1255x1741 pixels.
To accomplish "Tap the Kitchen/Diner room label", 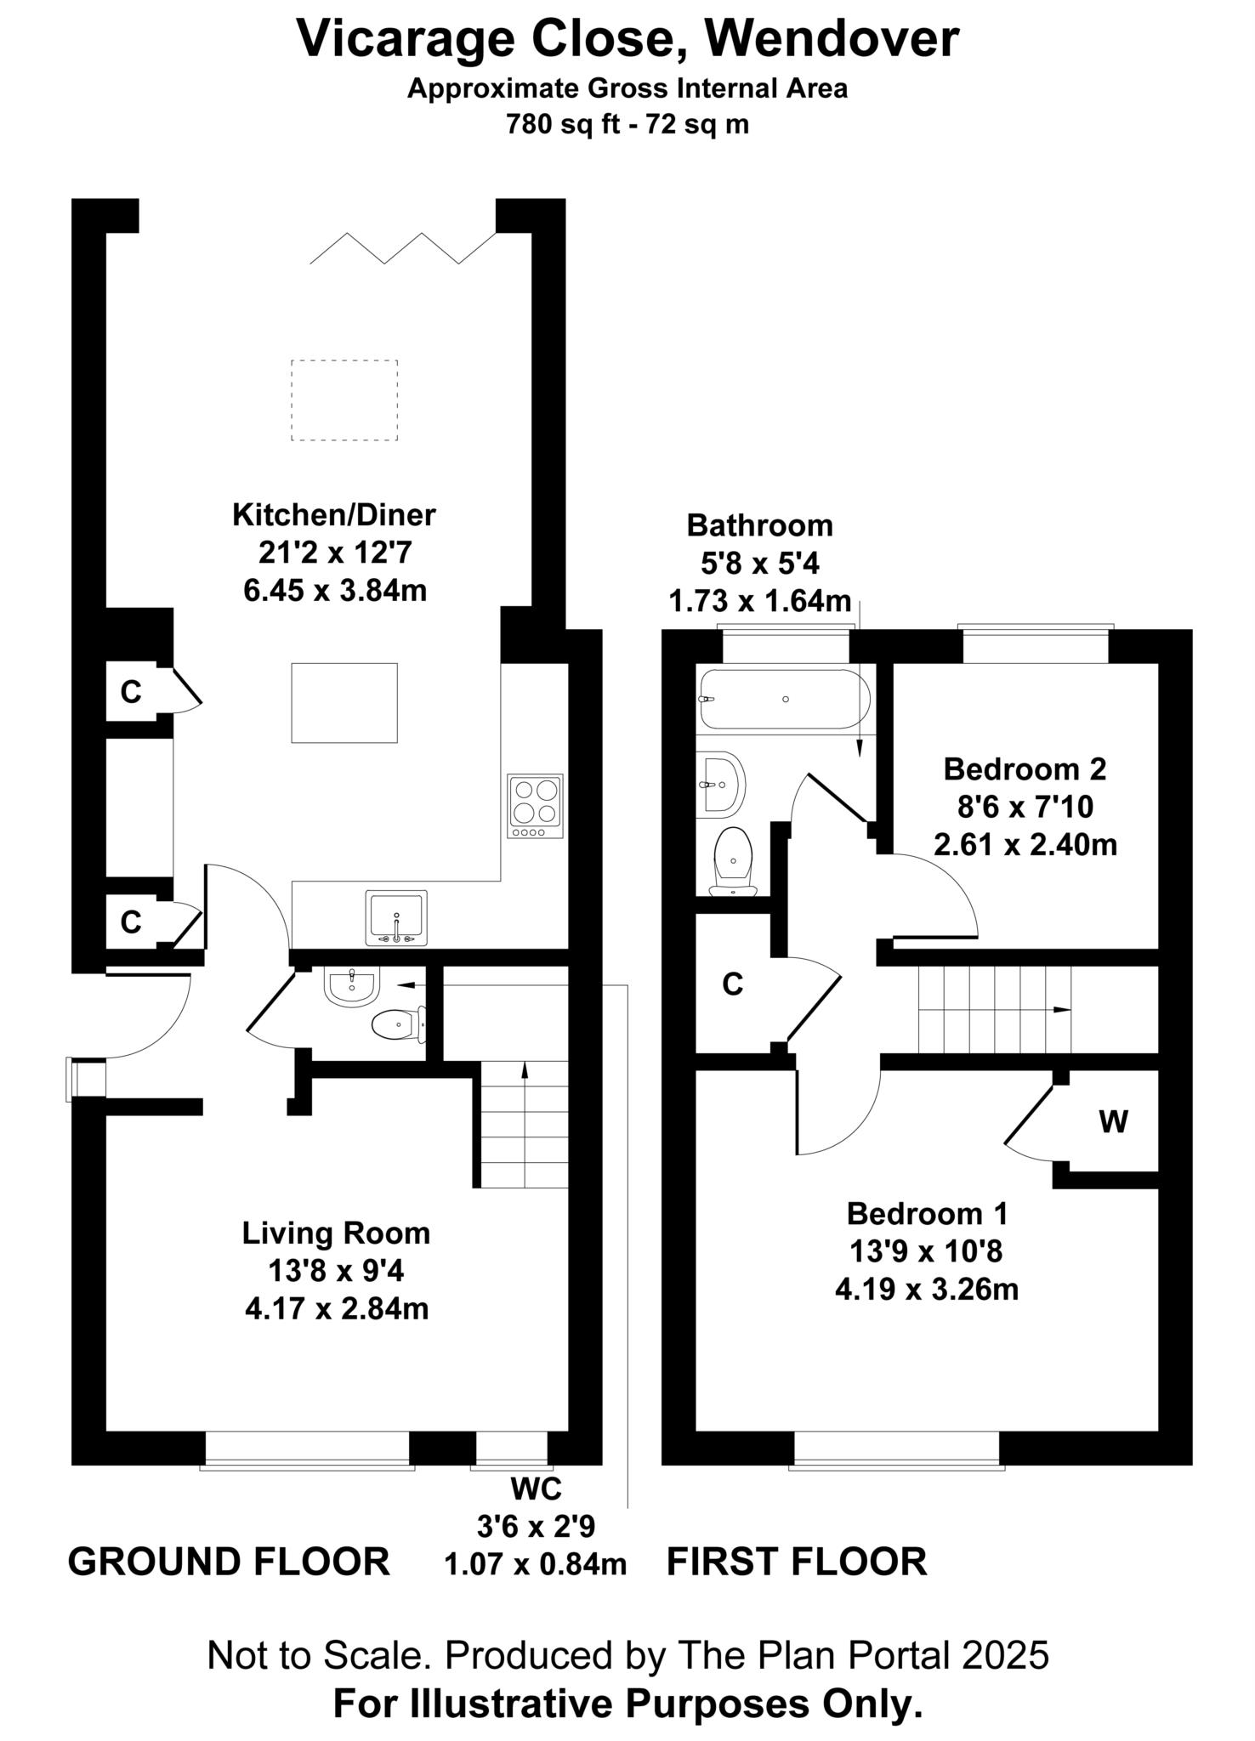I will [x=334, y=514].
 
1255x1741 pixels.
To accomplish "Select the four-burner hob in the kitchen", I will [x=535, y=806].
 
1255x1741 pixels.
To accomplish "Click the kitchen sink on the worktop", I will [x=396, y=918].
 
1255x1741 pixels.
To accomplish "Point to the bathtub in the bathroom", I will [x=782, y=699].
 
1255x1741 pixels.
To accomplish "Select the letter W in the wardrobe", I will [x=1113, y=1122].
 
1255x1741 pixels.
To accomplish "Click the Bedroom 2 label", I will [x=1025, y=769].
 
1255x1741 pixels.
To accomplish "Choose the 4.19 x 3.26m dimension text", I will [x=927, y=1290].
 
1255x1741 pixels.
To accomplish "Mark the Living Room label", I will [x=336, y=1233].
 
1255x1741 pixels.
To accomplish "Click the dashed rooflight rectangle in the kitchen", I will [x=344, y=400].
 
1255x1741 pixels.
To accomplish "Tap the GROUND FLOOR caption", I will [x=229, y=1562].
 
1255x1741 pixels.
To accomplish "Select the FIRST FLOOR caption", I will [x=797, y=1562].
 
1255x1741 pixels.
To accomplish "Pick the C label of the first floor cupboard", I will [x=732, y=984].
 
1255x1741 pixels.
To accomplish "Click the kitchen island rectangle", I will [x=344, y=703].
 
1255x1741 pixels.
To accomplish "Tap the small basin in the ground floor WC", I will [x=350, y=988].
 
